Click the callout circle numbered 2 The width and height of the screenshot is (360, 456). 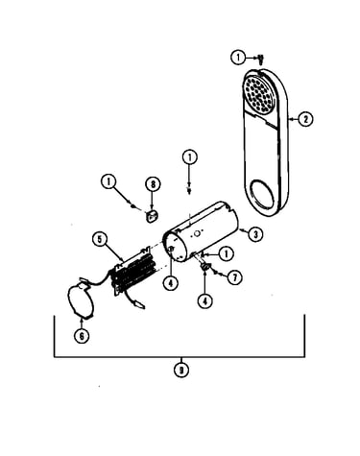[305, 119]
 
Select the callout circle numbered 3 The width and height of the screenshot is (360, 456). [255, 234]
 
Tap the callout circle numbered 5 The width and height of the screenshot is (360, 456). [101, 239]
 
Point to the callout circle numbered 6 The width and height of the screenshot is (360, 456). [82, 336]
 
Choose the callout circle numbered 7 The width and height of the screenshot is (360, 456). [234, 277]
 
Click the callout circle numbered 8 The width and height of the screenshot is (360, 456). [153, 184]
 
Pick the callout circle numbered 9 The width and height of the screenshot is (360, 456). [181, 371]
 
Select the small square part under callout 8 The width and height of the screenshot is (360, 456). [152, 216]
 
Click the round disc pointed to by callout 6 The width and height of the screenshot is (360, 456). [81, 300]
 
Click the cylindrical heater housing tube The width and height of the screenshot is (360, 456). [202, 231]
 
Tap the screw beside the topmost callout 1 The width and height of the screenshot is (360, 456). [261, 59]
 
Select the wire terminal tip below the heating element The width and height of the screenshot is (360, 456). [140, 304]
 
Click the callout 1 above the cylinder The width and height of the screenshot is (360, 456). [190, 157]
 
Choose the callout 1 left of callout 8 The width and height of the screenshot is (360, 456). [108, 182]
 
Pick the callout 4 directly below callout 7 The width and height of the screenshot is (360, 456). [204, 300]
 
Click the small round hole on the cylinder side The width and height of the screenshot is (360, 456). [197, 233]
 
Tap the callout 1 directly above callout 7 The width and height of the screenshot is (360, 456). [226, 254]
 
